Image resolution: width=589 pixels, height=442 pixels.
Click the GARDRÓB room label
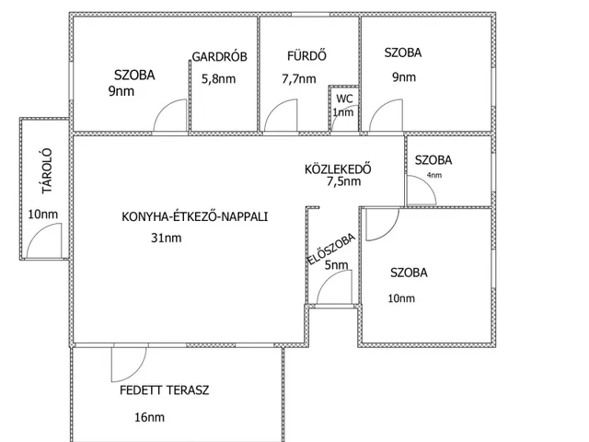(219, 57)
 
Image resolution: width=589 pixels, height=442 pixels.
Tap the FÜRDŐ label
(306, 55)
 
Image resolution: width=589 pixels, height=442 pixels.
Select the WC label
(344, 99)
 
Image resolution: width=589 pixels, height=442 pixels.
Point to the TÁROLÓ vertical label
(47, 171)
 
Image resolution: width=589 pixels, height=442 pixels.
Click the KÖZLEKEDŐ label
(338, 169)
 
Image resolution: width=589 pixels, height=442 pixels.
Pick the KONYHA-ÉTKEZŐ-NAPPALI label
(194, 217)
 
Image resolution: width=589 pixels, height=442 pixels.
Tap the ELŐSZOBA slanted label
(331, 250)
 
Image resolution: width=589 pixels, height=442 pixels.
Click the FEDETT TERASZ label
(164, 390)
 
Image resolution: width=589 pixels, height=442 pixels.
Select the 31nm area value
(166, 238)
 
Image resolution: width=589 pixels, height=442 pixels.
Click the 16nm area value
(149, 417)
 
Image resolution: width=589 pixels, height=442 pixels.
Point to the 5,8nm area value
(219, 79)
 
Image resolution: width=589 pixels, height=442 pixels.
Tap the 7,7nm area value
(298, 79)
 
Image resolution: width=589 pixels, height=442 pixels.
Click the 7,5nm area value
(343, 181)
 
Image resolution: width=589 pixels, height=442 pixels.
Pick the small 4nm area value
(433, 175)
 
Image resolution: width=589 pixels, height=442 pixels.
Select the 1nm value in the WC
(343, 112)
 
